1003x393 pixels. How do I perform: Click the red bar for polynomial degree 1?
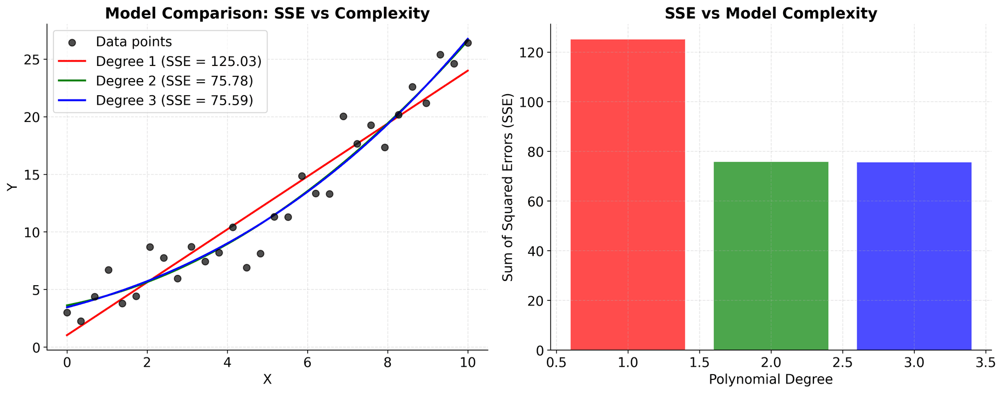(627, 194)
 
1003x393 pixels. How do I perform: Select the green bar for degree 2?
(771, 256)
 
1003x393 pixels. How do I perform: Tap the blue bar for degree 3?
(914, 256)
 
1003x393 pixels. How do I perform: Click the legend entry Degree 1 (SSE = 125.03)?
(178, 61)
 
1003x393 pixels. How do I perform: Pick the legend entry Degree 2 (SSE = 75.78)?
(174, 81)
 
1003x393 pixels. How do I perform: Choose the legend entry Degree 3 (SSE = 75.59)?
(174, 100)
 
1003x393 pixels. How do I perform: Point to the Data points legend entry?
(133, 41)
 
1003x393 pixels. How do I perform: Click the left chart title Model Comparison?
(267, 13)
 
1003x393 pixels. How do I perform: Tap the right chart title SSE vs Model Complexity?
(771, 13)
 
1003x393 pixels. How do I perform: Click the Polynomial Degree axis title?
(771, 379)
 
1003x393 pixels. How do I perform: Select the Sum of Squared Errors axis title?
(508, 187)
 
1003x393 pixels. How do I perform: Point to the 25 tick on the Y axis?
(33, 60)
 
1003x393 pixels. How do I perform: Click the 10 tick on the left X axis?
(468, 362)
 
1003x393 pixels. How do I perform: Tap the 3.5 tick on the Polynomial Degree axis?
(985, 362)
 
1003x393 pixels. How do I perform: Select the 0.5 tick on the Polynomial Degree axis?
(556, 362)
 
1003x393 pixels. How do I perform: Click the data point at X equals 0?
(67, 312)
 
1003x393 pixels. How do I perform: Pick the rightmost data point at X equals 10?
(468, 43)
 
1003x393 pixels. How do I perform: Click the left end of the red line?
(67, 335)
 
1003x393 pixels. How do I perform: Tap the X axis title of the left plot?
(267, 379)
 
